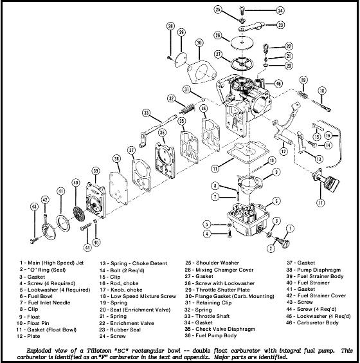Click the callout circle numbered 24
tap(280, 10)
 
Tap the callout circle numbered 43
tap(35, 207)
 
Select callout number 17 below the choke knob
tap(320, 203)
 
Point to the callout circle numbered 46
tap(278, 83)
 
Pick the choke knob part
tap(326, 180)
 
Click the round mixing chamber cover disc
tap(242, 42)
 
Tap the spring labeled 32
tap(188, 108)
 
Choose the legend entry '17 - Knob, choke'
tap(121, 290)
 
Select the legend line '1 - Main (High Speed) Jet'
tap(51, 263)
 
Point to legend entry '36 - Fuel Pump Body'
tap(211, 335)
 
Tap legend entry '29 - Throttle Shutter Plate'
tap(217, 290)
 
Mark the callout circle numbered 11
tap(215, 169)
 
